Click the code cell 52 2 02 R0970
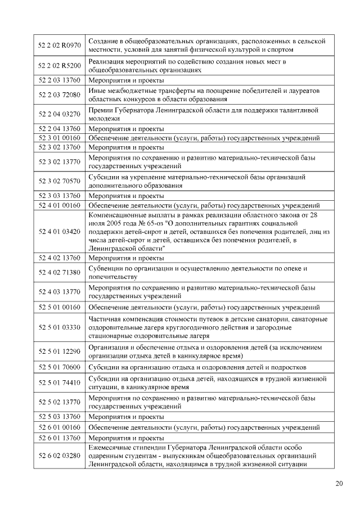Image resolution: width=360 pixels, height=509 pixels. point(59,46)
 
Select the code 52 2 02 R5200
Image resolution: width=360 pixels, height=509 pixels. point(59,65)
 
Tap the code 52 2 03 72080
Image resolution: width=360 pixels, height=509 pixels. point(59,94)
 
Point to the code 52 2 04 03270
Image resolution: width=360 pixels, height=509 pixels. point(59,114)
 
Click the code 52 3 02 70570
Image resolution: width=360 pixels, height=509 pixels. point(59,181)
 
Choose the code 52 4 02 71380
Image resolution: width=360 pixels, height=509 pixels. point(59,273)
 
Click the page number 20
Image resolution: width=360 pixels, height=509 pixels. point(339,483)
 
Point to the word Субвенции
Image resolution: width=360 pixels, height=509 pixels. point(106,268)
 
